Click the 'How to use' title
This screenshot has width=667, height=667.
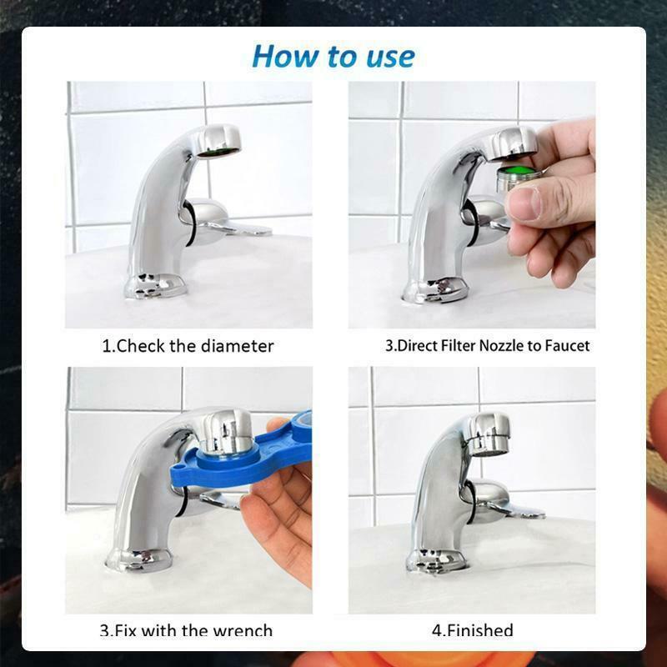pos(333,56)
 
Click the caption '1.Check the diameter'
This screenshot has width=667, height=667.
pos(188,346)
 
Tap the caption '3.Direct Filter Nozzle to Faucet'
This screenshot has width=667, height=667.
pos(487,346)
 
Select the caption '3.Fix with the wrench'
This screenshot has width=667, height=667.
pos(186,630)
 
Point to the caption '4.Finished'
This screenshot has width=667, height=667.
pos(472,630)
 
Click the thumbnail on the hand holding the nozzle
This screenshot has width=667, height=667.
pos(526,203)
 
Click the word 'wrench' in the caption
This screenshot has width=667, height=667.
pos(243,630)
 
